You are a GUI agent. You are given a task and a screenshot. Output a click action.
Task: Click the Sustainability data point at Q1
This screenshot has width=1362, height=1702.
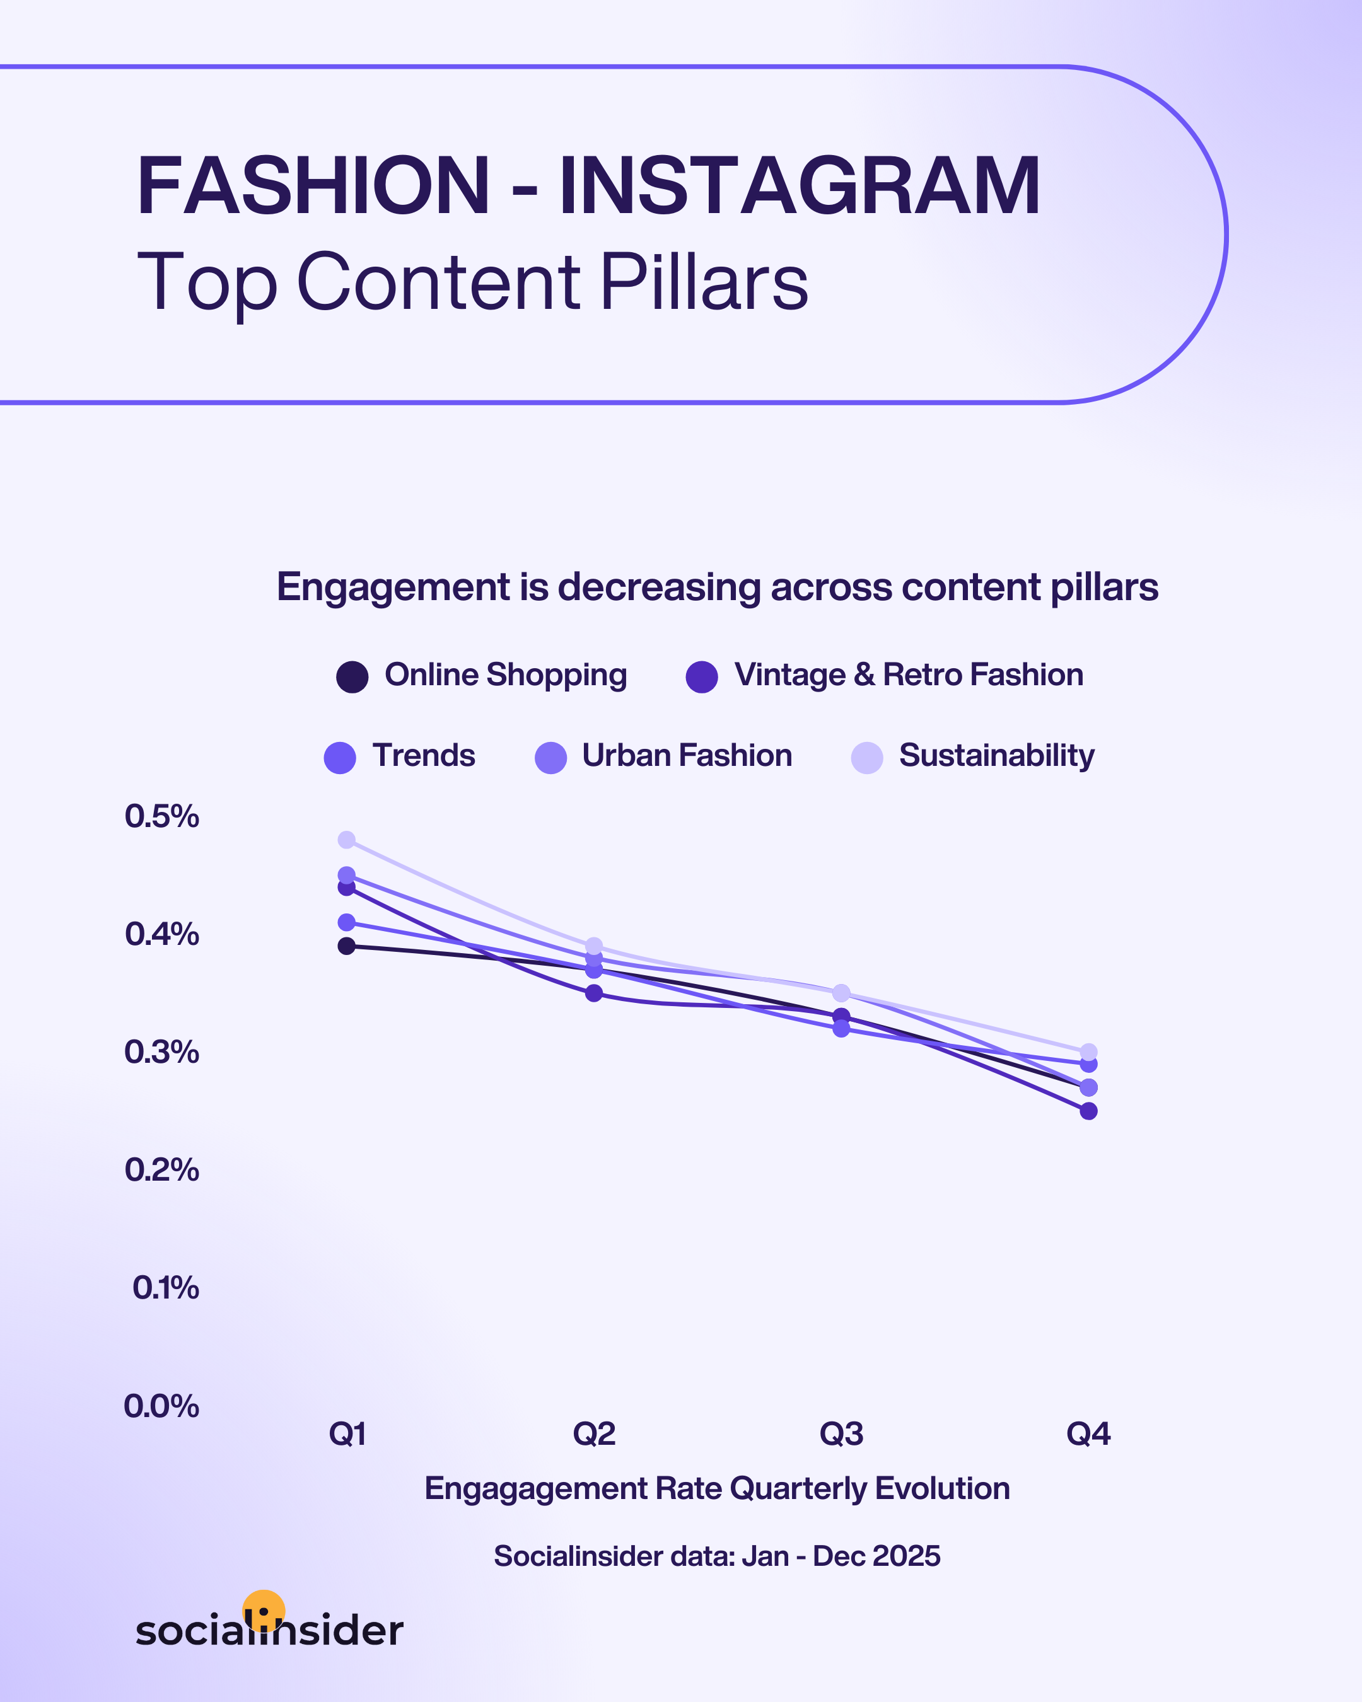tap(347, 840)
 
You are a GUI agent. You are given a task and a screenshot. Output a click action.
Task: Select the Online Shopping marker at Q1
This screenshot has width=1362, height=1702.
tap(347, 946)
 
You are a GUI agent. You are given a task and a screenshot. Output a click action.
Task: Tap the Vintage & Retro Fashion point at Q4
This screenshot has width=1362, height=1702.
tap(1088, 1111)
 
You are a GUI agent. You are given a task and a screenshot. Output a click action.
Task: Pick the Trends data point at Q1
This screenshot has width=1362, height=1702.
tap(347, 922)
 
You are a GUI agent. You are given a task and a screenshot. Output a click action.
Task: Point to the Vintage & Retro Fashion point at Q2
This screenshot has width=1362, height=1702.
tap(594, 993)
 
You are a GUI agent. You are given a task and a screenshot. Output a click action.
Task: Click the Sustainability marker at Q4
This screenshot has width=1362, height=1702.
tap(1088, 1051)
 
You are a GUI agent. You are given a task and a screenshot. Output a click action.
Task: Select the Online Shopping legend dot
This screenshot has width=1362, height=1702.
tap(352, 676)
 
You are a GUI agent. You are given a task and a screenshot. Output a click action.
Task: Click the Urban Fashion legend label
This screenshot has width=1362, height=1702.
tap(687, 755)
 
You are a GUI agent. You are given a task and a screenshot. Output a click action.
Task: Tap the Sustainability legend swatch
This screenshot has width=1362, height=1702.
tap(867, 758)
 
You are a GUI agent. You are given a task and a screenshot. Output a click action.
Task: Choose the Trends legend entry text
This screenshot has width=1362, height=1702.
tap(424, 755)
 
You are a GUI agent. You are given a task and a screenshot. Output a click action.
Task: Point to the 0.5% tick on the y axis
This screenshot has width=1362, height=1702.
tap(162, 816)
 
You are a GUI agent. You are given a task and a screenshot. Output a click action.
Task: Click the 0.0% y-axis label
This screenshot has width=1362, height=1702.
tap(162, 1405)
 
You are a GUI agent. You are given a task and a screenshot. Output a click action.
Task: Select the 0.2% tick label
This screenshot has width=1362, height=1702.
tap(162, 1170)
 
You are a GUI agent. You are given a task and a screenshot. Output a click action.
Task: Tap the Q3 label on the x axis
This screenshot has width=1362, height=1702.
tap(841, 1433)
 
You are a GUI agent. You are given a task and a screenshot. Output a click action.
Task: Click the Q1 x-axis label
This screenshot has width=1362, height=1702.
tap(347, 1433)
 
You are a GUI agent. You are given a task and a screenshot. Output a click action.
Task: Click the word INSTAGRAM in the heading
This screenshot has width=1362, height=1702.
tap(799, 187)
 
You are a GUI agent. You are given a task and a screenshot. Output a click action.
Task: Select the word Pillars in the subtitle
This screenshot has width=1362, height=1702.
tap(704, 282)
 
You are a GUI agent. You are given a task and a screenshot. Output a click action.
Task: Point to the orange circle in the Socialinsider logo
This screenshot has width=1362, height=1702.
tap(264, 1609)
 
